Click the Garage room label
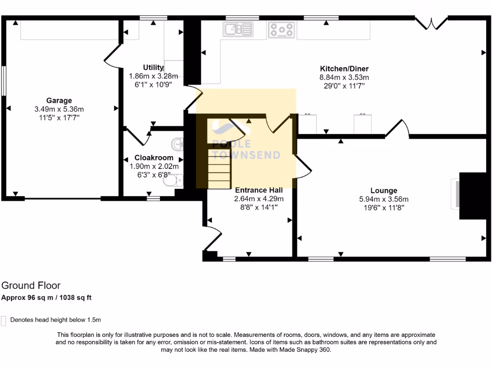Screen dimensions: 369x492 (x=59, y=100)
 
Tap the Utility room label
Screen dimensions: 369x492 (x=153, y=67)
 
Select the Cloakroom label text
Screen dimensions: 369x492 (x=154, y=158)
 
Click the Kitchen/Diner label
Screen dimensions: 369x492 (x=344, y=68)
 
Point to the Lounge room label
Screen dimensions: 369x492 (x=384, y=191)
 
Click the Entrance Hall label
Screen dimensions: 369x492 (x=258, y=190)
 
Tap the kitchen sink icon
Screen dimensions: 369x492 (x=238, y=29)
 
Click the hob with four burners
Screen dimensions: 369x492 (x=281, y=30)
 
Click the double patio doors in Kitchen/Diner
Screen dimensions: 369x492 (x=431, y=23)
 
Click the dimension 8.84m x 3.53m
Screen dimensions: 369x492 (x=344, y=77)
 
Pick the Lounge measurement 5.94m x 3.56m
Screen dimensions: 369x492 (x=384, y=199)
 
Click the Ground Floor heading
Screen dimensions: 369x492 (x=31, y=286)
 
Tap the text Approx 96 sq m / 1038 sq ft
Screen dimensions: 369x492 (x=47, y=297)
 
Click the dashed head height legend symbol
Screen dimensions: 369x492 (x=4, y=320)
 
